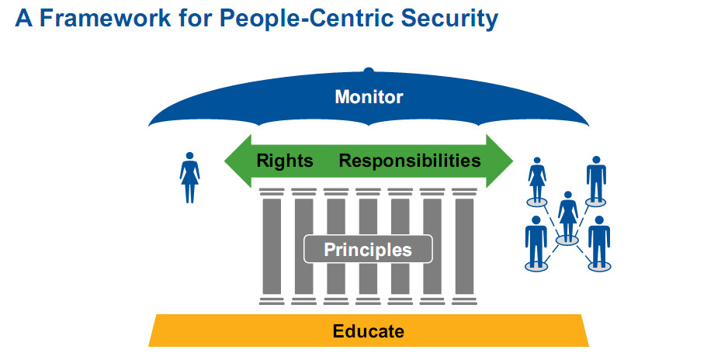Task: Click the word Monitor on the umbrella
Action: (369, 97)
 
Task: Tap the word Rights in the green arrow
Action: (285, 161)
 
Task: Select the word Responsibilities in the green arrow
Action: (410, 161)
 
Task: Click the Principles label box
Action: (367, 250)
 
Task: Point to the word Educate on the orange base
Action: (369, 331)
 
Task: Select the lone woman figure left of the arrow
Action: (189, 176)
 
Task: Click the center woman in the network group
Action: (568, 213)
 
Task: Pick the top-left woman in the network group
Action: (537, 179)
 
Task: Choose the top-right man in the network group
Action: (596, 178)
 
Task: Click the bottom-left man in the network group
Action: (536, 241)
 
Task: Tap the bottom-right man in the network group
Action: (598, 241)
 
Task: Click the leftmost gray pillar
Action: (272, 244)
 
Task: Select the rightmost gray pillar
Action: (464, 244)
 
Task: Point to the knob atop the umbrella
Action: (369, 71)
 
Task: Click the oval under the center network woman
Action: (568, 241)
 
